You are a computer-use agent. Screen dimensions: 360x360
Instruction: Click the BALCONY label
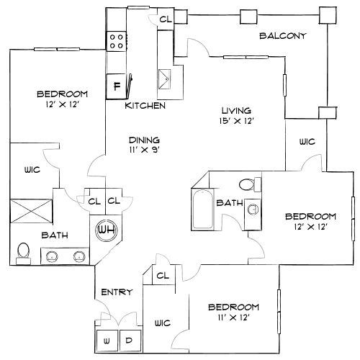pos(283,36)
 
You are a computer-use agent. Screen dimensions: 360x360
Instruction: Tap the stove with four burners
pos(117,41)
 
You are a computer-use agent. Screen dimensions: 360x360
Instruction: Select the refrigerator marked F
pos(116,86)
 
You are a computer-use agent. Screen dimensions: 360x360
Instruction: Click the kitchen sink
pos(164,79)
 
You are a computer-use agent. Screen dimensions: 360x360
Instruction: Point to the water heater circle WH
pos(106,230)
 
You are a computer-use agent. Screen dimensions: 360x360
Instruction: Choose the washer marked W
pos(107,341)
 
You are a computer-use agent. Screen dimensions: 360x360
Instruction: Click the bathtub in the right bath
pos(202,210)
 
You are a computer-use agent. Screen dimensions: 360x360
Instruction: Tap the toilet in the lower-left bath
pos(23,253)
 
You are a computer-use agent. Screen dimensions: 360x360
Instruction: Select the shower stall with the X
pos(31,211)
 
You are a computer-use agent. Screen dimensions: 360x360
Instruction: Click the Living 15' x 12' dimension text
pos(237,121)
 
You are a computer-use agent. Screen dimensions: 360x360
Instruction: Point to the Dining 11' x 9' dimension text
pos(145,150)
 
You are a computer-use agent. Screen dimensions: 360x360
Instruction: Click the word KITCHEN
pos(145,106)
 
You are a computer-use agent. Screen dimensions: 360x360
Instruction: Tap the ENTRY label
pos(117,292)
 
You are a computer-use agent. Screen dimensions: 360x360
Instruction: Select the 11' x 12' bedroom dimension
pos(234,318)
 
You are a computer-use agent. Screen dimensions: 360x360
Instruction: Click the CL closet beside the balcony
pos(166,19)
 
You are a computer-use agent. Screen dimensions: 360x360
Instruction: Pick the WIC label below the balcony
pos(307,142)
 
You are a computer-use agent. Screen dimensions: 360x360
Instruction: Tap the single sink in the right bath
pos(253,209)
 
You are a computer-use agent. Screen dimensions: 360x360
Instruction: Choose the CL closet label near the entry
pos(163,276)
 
